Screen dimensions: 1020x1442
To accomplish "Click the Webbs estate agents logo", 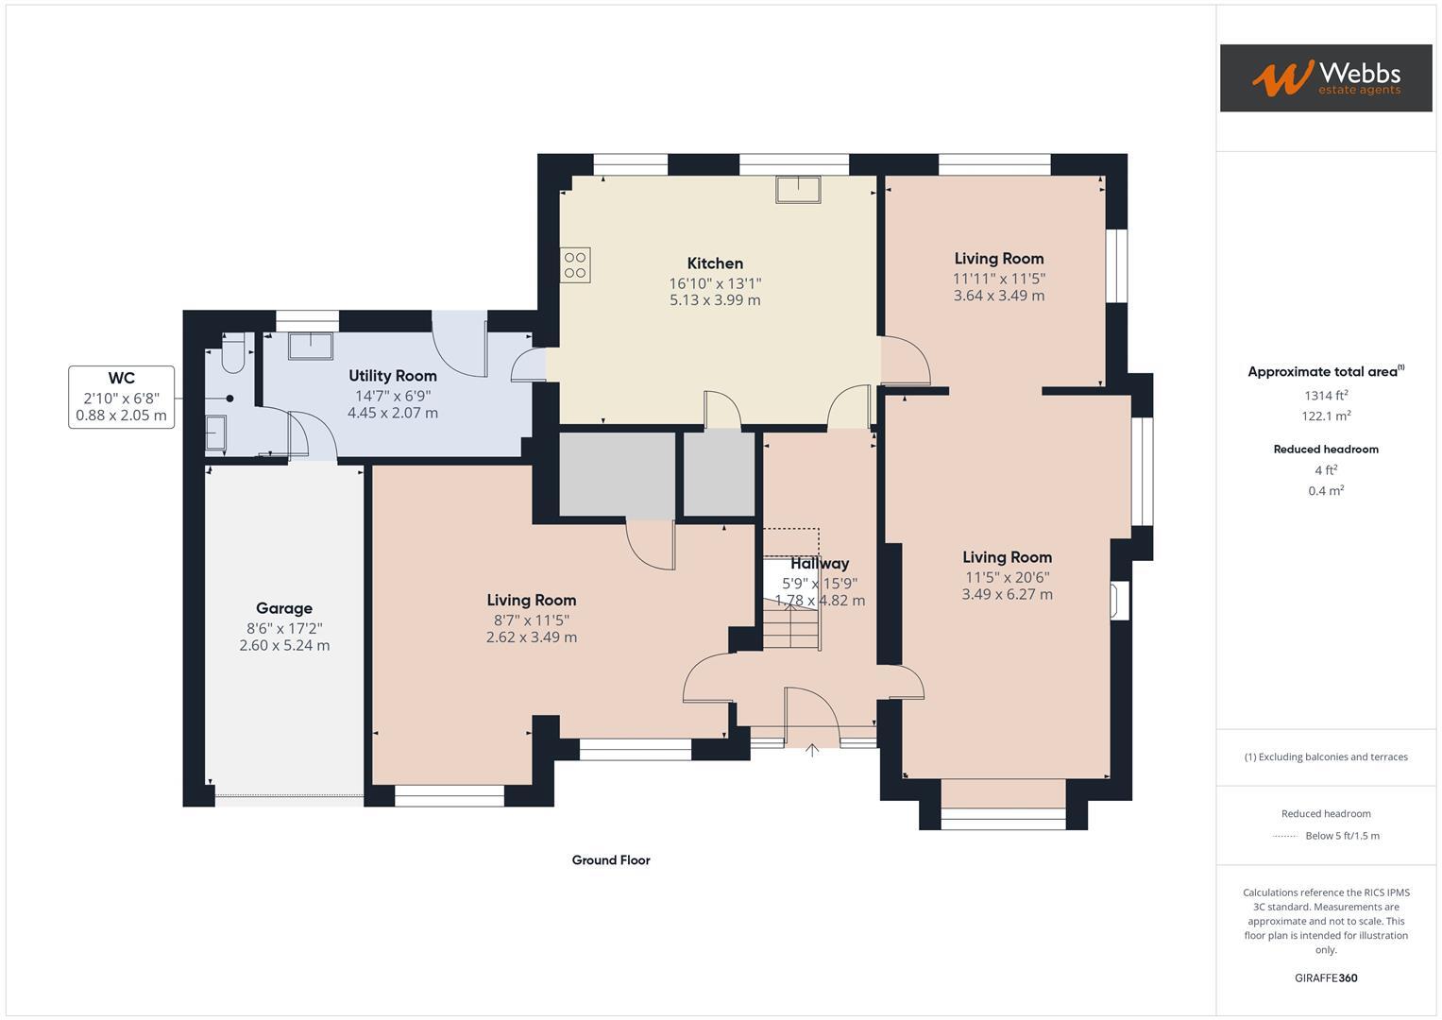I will [x=1325, y=77].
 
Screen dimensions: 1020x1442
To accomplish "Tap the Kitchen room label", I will [x=715, y=263].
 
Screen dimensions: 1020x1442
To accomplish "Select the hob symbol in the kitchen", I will [x=575, y=264].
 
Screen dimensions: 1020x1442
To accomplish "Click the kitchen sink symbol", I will [x=798, y=190].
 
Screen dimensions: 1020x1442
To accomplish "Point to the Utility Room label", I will [x=393, y=376].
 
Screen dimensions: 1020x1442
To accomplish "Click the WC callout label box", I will [x=121, y=397].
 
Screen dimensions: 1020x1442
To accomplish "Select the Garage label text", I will [x=283, y=608].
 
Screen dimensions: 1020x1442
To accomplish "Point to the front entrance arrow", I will [x=812, y=750].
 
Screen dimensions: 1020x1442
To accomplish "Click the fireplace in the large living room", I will [x=1119, y=601].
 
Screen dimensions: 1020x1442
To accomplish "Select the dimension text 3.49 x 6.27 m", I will [x=1007, y=594].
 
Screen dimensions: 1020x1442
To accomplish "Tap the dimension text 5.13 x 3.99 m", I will [x=715, y=300].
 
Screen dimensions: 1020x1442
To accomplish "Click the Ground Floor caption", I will [x=611, y=860].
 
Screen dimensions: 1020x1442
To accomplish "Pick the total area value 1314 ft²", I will [x=1326, y=396].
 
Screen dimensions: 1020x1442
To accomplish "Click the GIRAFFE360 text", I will [x=1326, y=977].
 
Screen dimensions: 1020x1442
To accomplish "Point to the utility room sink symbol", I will [x=311, y=346].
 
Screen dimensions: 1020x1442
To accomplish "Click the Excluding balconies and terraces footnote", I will [x=1326, y=756].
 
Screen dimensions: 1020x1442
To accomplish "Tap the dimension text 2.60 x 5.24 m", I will [x=284, y=646].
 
